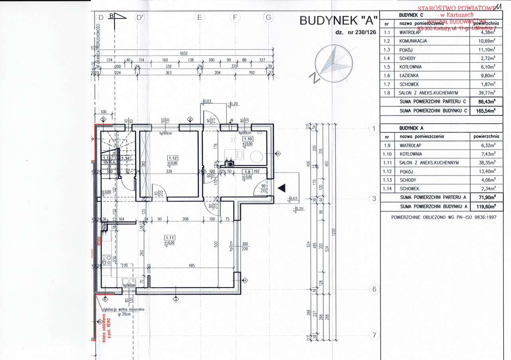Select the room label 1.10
coord(248,138)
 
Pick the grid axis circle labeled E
coord(199,17)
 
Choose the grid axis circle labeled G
coord(269,17)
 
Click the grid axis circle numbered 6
coord(374,289)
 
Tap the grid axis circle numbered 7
coord(374,335)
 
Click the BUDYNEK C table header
coord(411,15)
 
